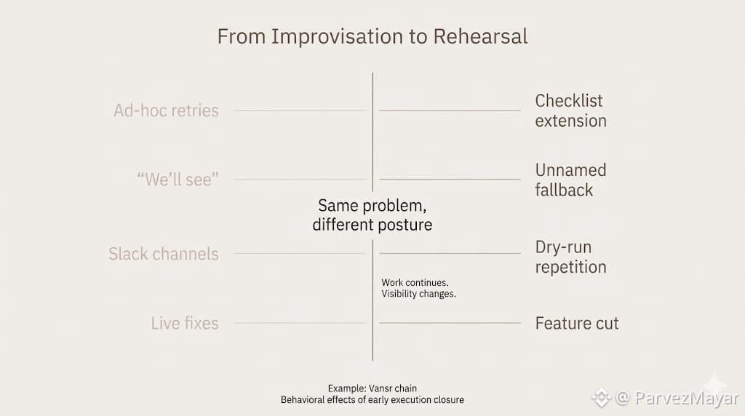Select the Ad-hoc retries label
point(166,111)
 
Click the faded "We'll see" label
point(178,180)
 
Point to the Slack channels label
point(164,254)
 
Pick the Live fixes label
point(185,323)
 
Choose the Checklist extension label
point(570,111)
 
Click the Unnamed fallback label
point(570,180)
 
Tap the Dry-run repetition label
point(570,257)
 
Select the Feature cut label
point(577,323)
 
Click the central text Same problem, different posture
point(372,215)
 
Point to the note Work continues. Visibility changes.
point(418,288)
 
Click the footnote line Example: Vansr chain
point(372,388)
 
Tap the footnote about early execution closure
point(372,399)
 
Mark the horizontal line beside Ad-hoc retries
point(299,111)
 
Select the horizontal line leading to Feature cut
point(450,323)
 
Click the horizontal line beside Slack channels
point(299,254)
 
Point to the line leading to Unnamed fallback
point(450,180)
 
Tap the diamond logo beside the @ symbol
point(601,398)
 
